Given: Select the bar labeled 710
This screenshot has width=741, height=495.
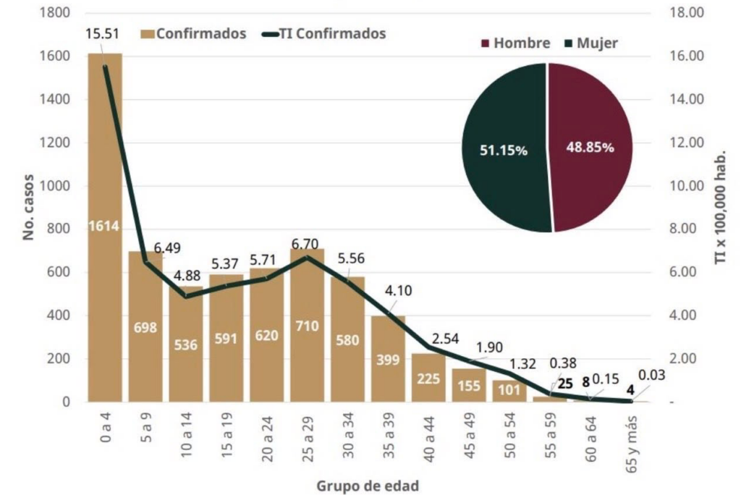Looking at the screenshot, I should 307,326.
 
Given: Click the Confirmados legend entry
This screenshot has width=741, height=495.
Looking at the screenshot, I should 193,33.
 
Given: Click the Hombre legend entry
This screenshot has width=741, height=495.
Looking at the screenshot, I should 515,43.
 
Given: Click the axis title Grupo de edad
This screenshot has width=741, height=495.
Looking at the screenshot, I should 367,486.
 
